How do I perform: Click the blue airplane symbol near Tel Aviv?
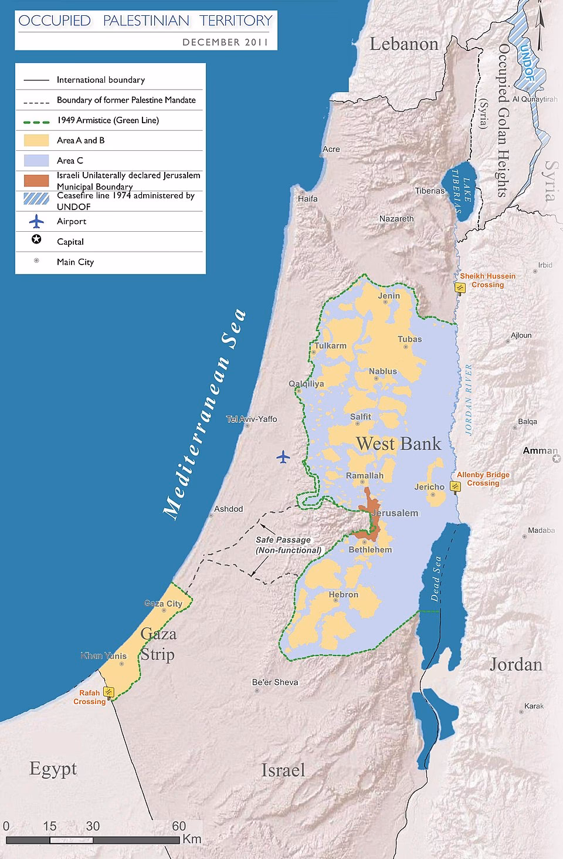(283, 456)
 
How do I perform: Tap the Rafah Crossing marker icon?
(108, 691)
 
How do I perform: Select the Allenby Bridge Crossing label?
(483, 479)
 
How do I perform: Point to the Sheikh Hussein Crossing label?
(487, 280)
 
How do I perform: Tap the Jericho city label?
(429, 486)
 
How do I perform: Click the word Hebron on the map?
(343, 594)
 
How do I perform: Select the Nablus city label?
(383, 371)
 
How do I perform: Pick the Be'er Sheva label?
(275, 682)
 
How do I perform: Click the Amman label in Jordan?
(540, 451)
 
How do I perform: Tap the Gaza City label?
(163, 603)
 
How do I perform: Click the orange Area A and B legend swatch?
(36, 140)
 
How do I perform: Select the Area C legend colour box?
(36, 160)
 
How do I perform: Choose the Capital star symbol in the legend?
(36, 241)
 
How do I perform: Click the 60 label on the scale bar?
(179, 826)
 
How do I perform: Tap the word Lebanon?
(404, 43)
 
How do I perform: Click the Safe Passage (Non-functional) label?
(287, 545)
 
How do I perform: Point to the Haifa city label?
(308, 198)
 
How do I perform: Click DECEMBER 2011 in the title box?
(225, 42)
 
